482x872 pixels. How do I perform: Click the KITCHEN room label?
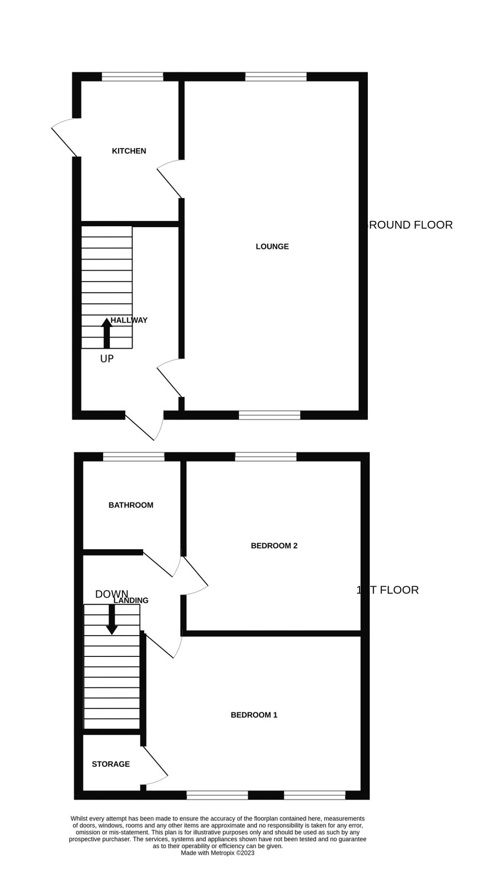click(129, 151)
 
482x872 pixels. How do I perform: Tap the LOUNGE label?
click(272, 247)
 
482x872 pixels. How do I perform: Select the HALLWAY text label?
click(129, 320)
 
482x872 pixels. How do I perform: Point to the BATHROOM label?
click(131, 505)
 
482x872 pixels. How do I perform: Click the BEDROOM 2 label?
click(274, 546)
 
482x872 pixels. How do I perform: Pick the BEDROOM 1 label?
click(254, 715)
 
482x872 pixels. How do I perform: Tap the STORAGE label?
click(111, 764)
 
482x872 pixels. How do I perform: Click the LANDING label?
click(131, 601)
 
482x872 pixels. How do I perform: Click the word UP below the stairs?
click(107, 359)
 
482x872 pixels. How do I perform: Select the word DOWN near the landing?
click(112, 594)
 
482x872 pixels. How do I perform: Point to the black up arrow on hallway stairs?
click(106, 333)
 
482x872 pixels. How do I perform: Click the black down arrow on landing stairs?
click(112, 620)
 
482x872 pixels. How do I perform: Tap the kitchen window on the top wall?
click(132, 77)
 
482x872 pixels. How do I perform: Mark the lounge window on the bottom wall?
click(270, 415)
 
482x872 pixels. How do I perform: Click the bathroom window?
click(134, 456)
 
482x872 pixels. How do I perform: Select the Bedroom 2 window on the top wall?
click(266, 456)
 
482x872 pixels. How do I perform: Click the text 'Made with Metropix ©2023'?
click(217, 853)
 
